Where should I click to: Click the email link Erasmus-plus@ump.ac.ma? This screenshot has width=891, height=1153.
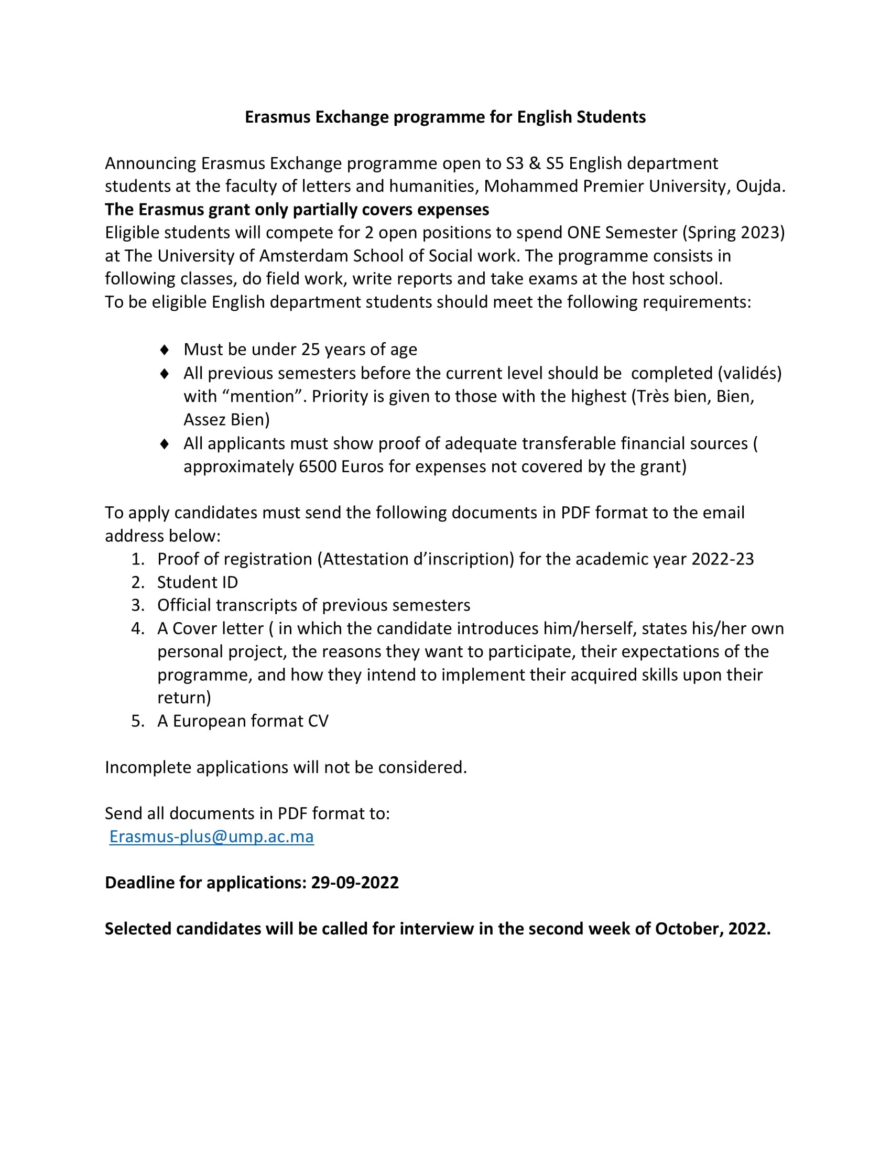(211, 836)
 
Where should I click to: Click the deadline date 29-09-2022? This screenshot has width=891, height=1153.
(355, 883)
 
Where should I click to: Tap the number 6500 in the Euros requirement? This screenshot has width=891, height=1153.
(318, 466)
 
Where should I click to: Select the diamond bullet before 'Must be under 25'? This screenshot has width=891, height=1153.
(165, 350)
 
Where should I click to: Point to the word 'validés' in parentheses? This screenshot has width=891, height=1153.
(749, 373)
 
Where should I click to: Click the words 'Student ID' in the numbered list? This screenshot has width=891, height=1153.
(198, 582)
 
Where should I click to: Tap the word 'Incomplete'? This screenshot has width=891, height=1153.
(148, 767)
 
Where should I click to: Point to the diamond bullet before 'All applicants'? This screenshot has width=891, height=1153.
(165, 443)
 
